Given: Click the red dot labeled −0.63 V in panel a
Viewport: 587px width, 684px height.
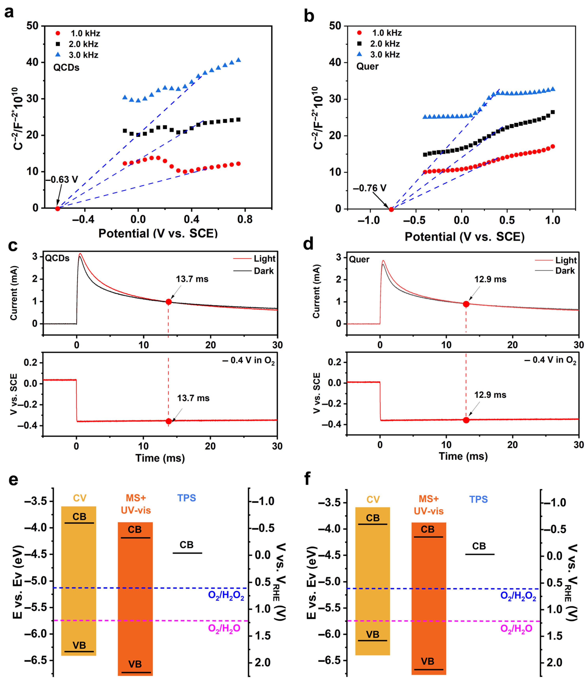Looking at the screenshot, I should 57,209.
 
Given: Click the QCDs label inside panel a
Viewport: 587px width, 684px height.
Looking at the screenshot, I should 66,68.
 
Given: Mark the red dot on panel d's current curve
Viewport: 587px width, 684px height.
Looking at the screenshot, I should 466,304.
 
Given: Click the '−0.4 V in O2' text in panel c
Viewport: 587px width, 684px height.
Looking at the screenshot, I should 248,360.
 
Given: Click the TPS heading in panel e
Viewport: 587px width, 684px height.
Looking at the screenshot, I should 186,498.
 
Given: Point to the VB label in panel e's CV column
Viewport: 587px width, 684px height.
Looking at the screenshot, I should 79,645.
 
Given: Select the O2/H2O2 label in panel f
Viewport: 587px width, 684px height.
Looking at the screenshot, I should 518,596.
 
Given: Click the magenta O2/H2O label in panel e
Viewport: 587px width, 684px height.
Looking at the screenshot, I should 224,628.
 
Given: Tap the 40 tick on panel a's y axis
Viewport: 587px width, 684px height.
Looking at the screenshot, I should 32,62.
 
